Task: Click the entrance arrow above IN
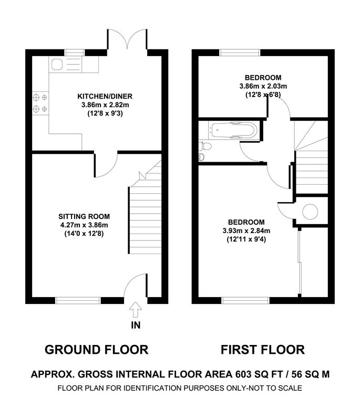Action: (x=136, y=310)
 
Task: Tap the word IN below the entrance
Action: (x=136, y=325)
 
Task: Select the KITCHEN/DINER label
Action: (x=105, y=96)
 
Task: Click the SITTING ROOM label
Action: (x=84, y=216)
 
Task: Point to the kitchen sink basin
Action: (x=57, y=64)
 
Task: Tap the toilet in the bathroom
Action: (x=205, y=146)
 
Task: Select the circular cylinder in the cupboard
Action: (x=310, y=212)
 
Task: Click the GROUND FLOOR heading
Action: (x=97, y=350)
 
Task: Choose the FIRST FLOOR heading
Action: (x=263, y=350)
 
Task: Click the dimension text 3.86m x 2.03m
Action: (x=263, y=86)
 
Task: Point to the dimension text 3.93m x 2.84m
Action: (x=246, y=230)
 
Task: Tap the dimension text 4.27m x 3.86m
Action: (x=84, y=225)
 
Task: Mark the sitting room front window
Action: (x=78, y=300)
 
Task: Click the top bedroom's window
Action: (x=240, y=53)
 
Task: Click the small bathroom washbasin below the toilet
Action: (x=202, y=157)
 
